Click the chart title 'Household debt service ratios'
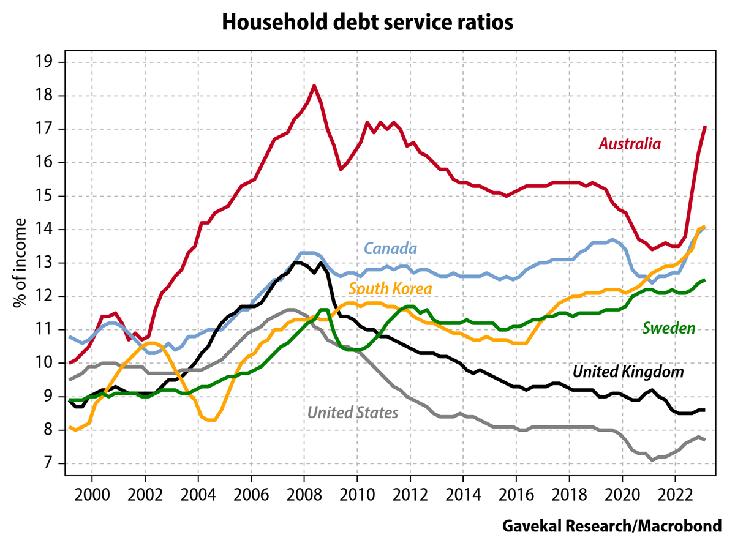tap(367, 23)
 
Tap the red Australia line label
tap(630, 144)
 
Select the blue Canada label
tap(391, 249)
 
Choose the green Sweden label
tap(668, 328)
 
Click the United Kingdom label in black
tap(628, 372)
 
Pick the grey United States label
tap(353, 413)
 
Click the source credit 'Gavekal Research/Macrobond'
tap(612, 525)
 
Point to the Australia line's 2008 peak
tap(314, 86)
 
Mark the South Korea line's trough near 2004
tap(211, 420)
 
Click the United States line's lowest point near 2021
tap(654, 460)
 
